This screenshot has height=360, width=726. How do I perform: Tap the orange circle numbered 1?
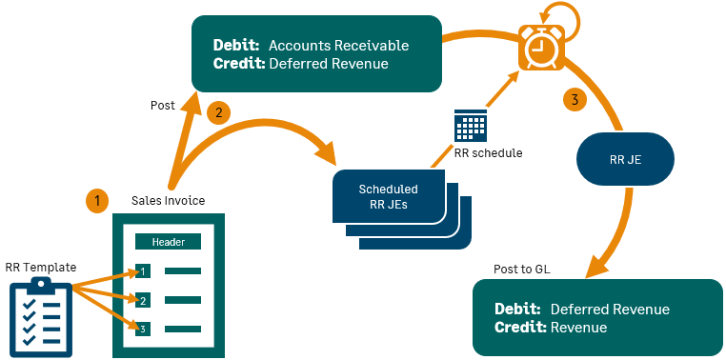(96, 200)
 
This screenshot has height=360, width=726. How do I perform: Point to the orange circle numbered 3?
(573, 99)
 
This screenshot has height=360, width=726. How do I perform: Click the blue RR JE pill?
(624, 158)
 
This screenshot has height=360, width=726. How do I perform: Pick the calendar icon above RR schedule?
(471, 127)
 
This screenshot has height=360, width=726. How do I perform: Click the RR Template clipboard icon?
(40, 314)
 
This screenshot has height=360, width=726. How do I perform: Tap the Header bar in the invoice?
(169, 241)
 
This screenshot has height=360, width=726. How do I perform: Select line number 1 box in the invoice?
(143, 271)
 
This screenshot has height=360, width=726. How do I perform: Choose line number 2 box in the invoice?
(143, 301)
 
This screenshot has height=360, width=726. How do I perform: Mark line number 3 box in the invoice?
(143, 330)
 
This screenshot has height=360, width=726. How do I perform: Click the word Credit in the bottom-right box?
(520, 328)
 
